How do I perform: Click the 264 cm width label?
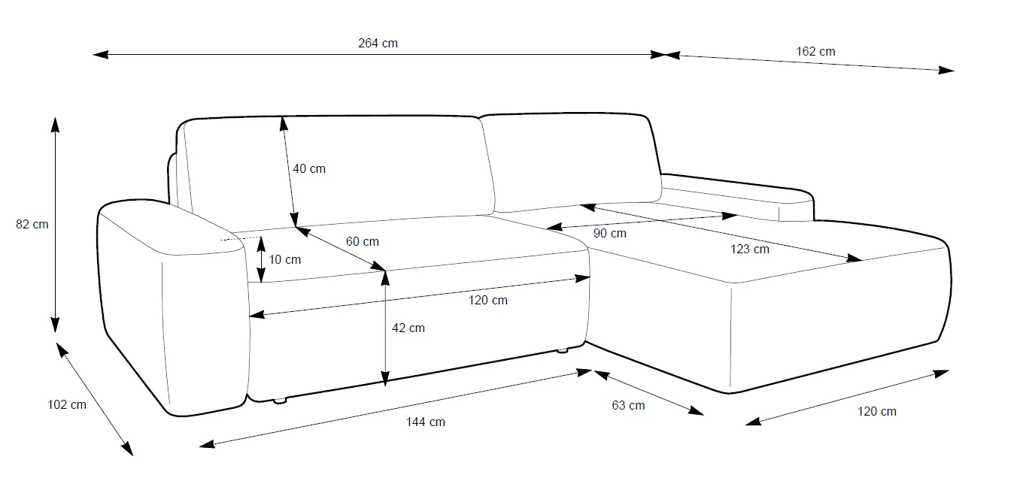tap(378, 44)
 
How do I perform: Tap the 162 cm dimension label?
tap(815, 52)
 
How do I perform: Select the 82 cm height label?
tap(32, 224)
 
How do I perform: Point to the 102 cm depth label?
tap(67, 405)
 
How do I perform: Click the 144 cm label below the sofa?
tap(426, 422)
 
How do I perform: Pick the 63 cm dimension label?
tap(628, 406)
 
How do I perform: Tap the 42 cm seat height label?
tap(408, 328)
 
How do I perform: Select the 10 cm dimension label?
tap(284, 260)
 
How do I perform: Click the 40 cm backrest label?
tap(309, 169)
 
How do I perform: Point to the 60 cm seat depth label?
tap(363, 242)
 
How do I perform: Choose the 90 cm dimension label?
tap(609, 234)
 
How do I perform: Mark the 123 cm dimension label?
tap(750, 250)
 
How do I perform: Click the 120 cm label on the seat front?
tap(489, 301)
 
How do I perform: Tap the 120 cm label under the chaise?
tap(877, 412)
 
